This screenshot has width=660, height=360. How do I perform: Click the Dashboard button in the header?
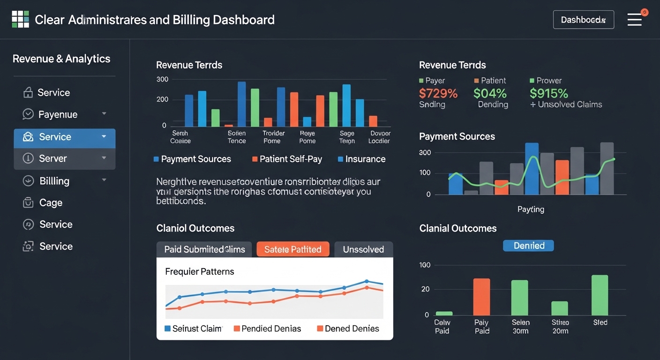(583, 20)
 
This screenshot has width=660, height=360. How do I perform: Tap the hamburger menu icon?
(634, 20)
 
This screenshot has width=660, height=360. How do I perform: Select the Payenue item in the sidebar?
(58, 114)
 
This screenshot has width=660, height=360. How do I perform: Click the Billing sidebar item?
(54, 181)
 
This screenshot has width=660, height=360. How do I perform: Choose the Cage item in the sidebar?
(51, 202)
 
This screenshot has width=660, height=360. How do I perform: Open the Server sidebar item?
(52, 158)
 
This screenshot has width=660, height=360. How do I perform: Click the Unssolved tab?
(363, 249)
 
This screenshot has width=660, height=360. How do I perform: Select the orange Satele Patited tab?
(293, 249)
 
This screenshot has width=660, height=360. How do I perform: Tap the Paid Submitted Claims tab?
(204, 249)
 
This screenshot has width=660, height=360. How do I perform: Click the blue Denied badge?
(528, 246)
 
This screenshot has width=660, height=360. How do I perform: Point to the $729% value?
(438, 93)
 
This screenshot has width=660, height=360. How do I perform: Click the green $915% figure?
(548, 93)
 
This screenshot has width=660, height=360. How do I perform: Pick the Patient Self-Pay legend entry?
(287, 159)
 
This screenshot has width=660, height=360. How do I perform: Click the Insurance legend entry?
(361, 159)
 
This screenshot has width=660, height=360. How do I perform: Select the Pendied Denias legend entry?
(267, 329)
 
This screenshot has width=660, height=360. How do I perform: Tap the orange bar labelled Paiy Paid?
(481, 297)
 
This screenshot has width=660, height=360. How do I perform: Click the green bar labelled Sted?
(600, 295)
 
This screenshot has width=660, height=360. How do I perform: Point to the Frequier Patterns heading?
(200, 271)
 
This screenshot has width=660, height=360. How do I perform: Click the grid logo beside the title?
(21, 20)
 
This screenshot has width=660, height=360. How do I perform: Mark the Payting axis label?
(531, 209)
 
